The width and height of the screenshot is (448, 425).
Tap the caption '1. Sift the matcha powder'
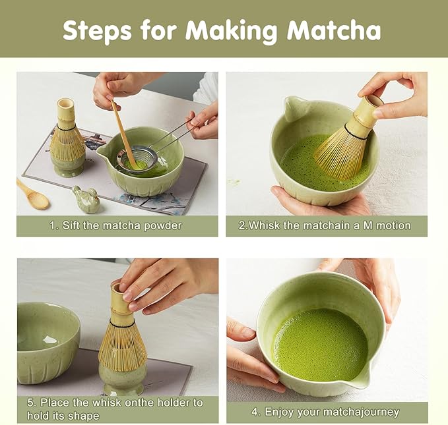[x=115, y=225]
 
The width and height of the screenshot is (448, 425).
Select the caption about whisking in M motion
[x=325, y=225]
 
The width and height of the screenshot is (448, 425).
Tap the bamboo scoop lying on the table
[x=32, y=194]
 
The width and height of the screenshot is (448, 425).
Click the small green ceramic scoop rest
[x=86, y=198]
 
